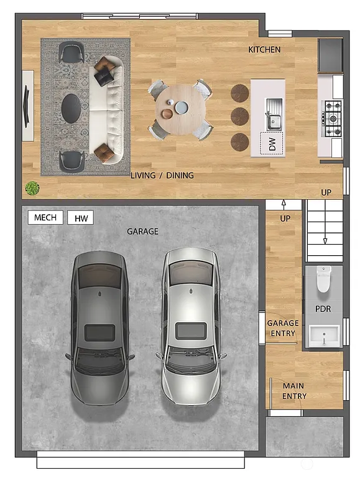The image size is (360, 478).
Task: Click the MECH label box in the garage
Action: [45, 217]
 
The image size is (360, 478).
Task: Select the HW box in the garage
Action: [80, 218]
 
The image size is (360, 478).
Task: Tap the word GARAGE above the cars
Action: [142, 232]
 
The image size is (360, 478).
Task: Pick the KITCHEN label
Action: [264, 50]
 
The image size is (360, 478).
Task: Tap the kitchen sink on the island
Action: [274, 113]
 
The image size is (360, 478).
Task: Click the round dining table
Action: [180, 108]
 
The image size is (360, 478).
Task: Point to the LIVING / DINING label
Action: [162, 176]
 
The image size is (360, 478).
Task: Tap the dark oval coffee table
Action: [73, 109]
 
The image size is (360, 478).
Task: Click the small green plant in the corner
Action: [31, 187]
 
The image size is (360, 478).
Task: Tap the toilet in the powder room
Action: [323, 279]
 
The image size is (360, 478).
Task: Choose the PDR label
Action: [323, 309]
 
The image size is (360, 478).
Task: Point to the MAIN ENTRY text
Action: [294, 391]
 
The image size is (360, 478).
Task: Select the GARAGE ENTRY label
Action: [283, 328]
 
